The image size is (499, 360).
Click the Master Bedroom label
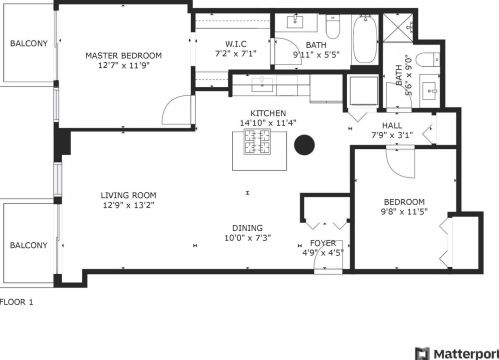[123, 56]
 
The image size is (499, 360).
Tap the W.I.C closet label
[236, 44]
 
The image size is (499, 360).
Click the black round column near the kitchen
[305, 146]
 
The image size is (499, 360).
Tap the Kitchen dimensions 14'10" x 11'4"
[268, 124]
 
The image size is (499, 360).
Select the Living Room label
[128, 195]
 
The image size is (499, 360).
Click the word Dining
[248, 227]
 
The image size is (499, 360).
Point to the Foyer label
[322, 243]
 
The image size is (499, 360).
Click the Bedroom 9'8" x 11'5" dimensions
[403, 212]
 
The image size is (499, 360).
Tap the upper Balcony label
[29, 44]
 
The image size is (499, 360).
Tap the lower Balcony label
[28, 245]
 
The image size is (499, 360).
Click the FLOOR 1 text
[18, 302]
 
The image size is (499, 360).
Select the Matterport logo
[456, 352]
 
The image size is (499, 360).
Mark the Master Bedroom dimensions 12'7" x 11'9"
[123, 66]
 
